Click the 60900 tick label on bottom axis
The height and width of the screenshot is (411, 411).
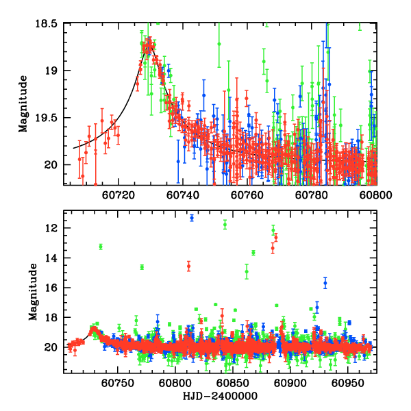tap(288, 384)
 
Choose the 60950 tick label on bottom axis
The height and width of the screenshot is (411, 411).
tap(346, 384)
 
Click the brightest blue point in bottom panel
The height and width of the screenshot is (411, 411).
tap(192, 218)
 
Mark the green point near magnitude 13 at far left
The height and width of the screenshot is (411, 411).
tap(101, 247)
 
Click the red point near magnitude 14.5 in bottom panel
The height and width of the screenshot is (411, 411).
tap(188, 265)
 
